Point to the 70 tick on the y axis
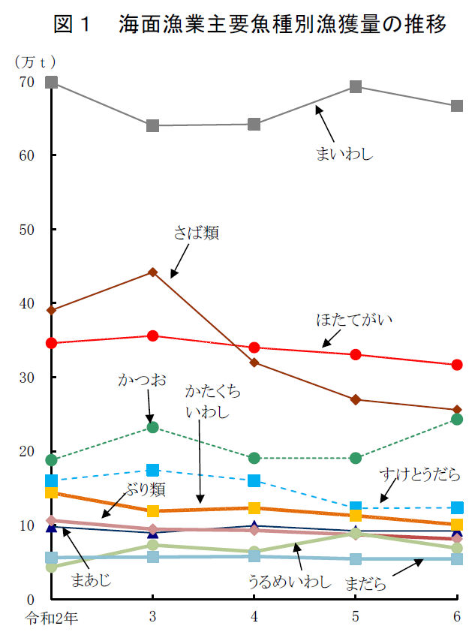click(26, 82)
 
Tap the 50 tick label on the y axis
click(26, 230)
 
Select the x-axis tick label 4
click(254, 617)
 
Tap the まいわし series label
click(344, 155)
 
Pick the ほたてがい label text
click(353, 320)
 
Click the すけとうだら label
click(419, 475)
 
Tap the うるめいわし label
click(289, 582)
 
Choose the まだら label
click(365, 584)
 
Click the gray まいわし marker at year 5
click(356, 87)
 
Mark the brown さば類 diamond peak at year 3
click(153, 272)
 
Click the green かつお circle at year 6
click(457, 419)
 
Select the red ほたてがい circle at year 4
click(254, 348)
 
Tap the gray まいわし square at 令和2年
click(52, 82)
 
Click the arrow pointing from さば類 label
click(180, 262)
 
